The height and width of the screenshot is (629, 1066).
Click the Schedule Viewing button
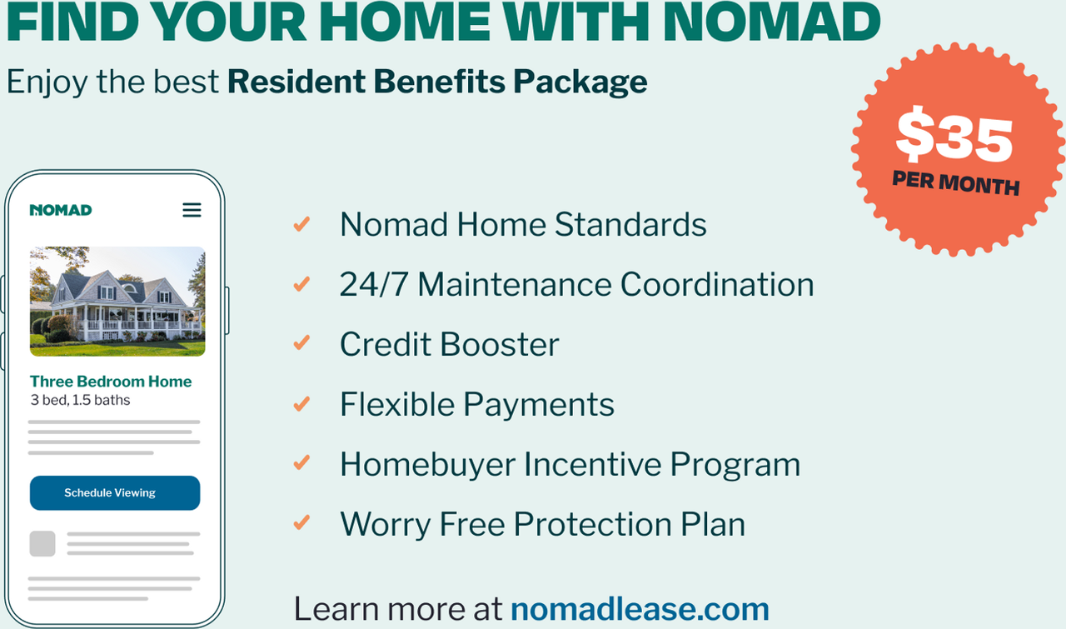click(x=115, y=493)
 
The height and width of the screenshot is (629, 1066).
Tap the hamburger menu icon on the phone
click(x=192, y=210)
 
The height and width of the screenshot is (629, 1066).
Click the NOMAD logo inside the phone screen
click(x=61, y=210)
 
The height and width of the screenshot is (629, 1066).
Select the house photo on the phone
click(x=117, y=302)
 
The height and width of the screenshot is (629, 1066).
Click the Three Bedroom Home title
click(x=111, y=382)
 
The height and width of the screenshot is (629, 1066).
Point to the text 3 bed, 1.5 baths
click(x=81, y=400)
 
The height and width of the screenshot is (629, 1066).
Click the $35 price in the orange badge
click(x=954, y=135)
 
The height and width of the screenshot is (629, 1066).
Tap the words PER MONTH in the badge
click(x=955, y=183)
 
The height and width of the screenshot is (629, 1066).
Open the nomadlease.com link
click(x=640, y=608)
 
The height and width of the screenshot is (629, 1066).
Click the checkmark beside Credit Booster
click(x=301, y=343)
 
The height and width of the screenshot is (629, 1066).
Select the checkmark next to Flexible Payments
click(x=301, y=404)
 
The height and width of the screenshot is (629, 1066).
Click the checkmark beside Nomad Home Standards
click(x=301, y=224)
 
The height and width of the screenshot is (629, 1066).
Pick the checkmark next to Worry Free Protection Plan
click(x=301, y=522)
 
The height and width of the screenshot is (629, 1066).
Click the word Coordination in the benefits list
click(x=717, y=285)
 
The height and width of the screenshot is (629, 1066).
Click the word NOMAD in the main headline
click(x=771, y=22)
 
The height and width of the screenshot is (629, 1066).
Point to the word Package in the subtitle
click(x=580, y=82)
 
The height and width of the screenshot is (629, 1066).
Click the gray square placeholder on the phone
click(x=42, y=544)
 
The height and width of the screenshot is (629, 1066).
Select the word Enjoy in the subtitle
click(x=47, y=82)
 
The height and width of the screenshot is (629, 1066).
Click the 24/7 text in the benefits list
click(x=374, y=285)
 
